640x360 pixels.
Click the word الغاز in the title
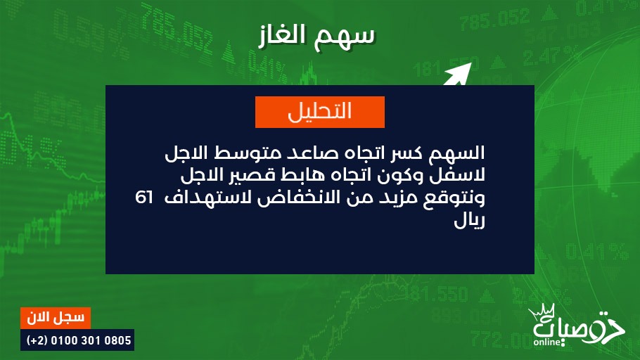pyautogui.click(x=286, y=34)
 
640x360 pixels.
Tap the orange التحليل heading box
pyautogui.click(x=320, y=112)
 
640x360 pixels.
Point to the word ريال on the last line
pyautogui.click(x=469, y=221)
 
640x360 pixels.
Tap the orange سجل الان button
pyautogui.click(x=56, y=318)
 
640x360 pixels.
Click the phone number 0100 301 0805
pyautogui.click(x=91, y=340)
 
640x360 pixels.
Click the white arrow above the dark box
pyautogui.click(x=458, y=74)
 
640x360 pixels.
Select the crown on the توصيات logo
pyautogui.click(x=542, y=311)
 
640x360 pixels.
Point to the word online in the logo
pyautogui.click(x=547, y=342)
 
